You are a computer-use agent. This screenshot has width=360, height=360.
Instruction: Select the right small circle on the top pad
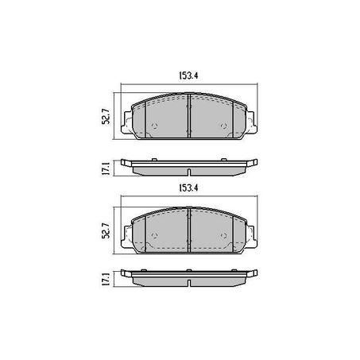(x=224, y=126)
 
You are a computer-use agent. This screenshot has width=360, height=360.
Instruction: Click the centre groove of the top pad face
(x=188, y=116)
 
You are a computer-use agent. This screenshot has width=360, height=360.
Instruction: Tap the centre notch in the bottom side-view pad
(x=188, y=282)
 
